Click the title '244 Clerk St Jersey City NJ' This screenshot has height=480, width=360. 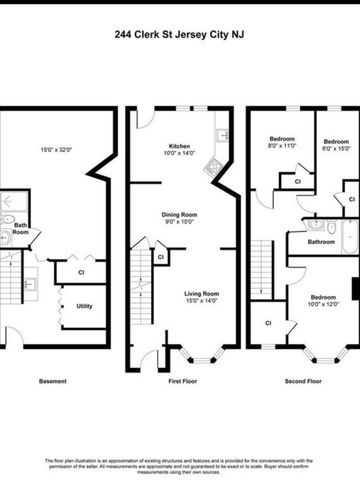point(180,33)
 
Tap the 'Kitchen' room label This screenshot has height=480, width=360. point(179,145)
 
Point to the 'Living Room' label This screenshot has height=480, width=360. point(203,293)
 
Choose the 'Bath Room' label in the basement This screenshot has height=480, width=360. point(20,228)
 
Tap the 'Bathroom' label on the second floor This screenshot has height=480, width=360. point(321,242)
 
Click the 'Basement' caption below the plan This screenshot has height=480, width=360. point(53,381)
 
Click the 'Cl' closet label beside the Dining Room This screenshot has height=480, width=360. point(162,257)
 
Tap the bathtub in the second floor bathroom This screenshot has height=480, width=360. point(349,235)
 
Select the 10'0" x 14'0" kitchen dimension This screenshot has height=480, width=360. point(179,153)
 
